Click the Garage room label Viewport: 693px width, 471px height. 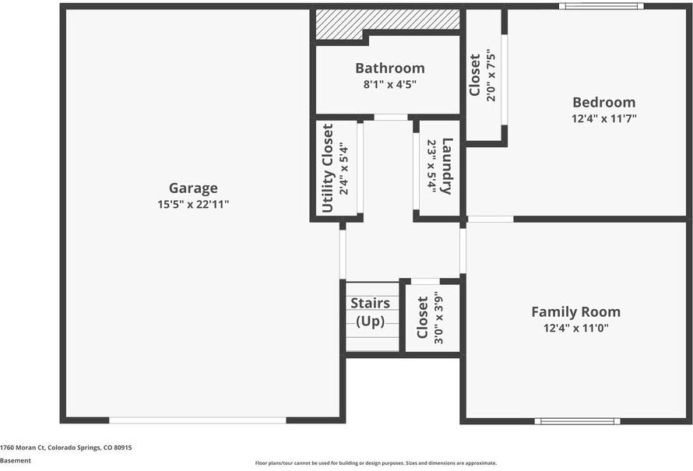(x=193, y=188)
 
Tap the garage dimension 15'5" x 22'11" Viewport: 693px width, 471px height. (x=193, y=205)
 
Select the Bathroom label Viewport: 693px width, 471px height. (x=389, y=68)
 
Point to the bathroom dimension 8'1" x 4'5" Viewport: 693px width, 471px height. (x=389, y=84)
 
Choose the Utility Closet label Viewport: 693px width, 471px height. (x=328, y=167)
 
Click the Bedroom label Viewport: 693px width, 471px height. (x=603, y=102)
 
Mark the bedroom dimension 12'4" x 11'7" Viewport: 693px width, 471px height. (x=603, y=119)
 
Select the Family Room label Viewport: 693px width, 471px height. (x=575, y=311)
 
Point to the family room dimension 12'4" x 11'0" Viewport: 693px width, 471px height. (x=575, y=329)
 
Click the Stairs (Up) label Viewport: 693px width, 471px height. (x=370, y=312)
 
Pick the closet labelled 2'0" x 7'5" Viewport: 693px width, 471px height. (x=482, y=75)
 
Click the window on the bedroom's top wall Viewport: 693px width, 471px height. (x=600, y=6)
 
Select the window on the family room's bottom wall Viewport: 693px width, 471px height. (x=577, y=421)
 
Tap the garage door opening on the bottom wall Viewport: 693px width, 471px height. (x=198, y=420)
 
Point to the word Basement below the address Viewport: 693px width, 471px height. (x=16, y=461)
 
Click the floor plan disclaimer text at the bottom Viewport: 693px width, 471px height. (x=375, y=463)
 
